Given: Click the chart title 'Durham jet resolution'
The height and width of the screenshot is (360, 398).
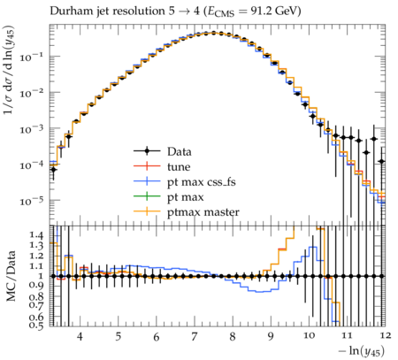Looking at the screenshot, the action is tap(107, 11).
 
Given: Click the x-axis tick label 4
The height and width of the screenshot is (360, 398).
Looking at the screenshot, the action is tap(80, 336).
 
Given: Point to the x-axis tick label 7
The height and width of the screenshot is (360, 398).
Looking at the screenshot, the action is tap(195, 336).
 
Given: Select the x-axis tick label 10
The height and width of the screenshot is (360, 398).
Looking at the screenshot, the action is tap(309, 335).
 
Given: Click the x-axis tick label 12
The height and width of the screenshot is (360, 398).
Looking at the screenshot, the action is tap(385, 335).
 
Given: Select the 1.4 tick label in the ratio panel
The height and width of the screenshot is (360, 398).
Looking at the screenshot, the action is tap(36, 235).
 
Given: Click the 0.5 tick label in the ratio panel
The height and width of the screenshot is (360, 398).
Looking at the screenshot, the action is tap(36, 325).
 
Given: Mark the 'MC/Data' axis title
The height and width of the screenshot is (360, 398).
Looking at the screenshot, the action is tap(11, 276).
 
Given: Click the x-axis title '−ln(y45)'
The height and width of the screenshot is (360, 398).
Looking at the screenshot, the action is tap(362, 351).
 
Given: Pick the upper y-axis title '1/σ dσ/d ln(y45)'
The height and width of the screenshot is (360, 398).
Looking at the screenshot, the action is tap(10, 71).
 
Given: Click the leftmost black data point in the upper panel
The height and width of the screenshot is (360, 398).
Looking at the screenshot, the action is tap(53, 170).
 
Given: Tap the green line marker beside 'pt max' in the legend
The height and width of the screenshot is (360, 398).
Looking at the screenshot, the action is tap(147, 196).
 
